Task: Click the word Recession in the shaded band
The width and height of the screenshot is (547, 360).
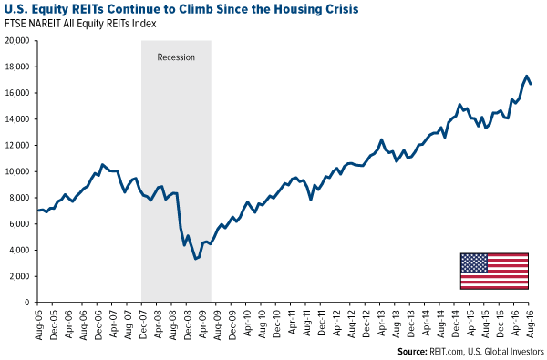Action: pos(176,57)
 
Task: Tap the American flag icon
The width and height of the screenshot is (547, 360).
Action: pos(494,271)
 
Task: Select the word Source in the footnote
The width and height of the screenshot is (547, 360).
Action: pos(416,350)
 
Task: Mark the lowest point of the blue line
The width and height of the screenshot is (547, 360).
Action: pos(195,259)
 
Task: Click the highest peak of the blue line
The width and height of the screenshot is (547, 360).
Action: pos(526,76)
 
